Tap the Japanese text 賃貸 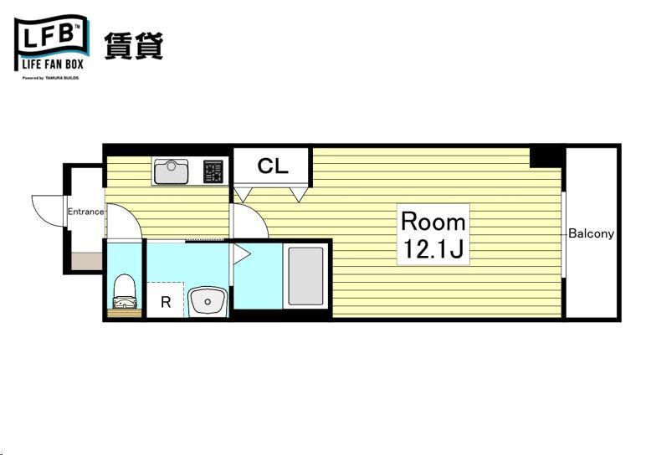(133, 45)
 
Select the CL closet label (272, 166)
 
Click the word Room (433, 222)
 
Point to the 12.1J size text (433, 249)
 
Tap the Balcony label (591, 233)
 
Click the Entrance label (85, 212)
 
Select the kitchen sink (172, 171)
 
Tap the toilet (124, 289)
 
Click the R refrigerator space (166, 302)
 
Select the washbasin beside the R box (206, 301)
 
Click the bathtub (306, 276)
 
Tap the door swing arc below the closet (249, 222)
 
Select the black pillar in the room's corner (546, 156)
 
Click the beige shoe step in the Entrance (85, 262)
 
